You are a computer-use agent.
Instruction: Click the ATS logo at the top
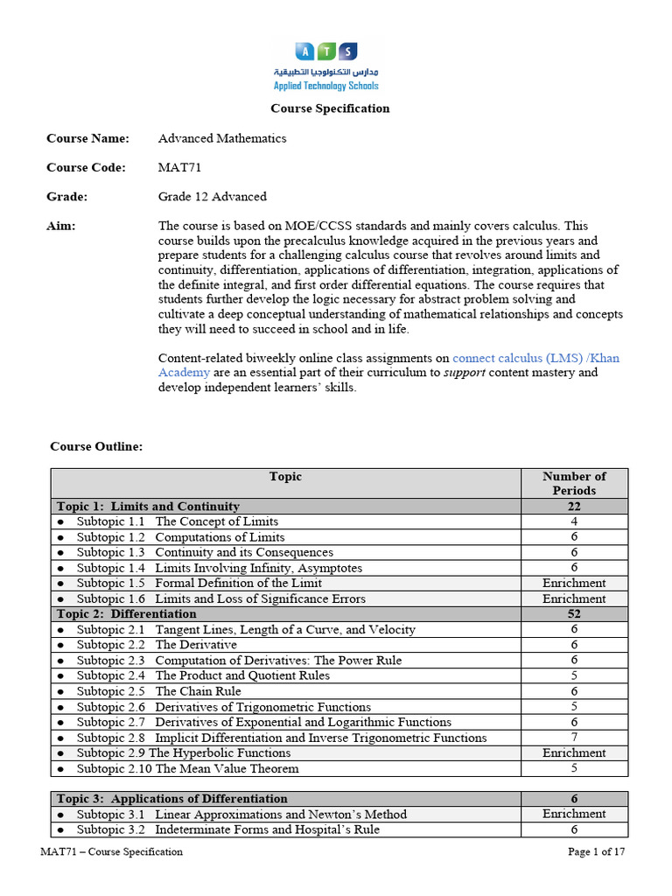click(325, 66)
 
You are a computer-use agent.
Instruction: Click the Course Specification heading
click(330, 108)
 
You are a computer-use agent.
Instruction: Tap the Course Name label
click(87, 138)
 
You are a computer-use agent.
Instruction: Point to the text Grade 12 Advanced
click(213, 196)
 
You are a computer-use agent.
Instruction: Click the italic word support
click(475, 373)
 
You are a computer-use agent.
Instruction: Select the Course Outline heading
click(96, 446)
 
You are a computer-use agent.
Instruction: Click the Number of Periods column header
click(574, 483)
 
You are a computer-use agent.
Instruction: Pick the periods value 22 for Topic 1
click(574, 507)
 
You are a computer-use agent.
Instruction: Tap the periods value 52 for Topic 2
click(574, 614)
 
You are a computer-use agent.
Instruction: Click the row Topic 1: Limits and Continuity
click(149, 507)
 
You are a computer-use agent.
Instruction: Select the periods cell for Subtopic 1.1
click(574, 522)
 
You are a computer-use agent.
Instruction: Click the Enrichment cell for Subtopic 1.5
click(574, 584)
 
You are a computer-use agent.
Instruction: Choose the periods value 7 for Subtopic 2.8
click(574, 738)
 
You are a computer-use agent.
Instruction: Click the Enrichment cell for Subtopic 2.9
click(574, 753)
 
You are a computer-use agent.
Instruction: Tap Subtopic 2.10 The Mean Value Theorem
click(187, 769)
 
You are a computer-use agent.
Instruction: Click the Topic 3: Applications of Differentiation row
click(172, 799)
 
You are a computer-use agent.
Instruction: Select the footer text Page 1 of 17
click(596, 852)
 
